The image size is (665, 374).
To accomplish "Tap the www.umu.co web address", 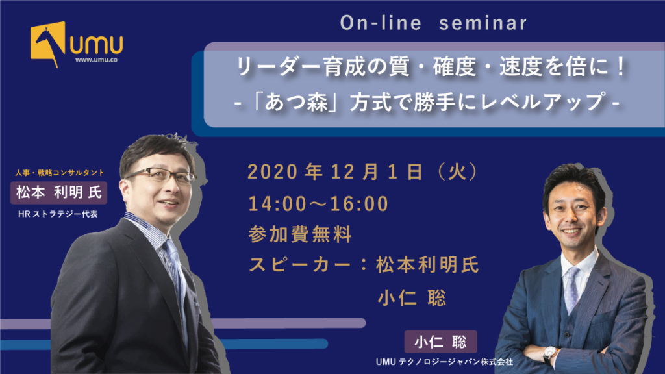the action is [96, 60].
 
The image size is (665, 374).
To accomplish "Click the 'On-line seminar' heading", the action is [433, 23].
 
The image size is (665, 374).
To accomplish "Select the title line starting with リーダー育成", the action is [431, 67].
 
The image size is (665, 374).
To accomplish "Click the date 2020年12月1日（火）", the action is [363, 171].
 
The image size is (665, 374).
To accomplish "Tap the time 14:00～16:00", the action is [318, 204].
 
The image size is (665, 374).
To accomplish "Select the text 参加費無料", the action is [300, 234].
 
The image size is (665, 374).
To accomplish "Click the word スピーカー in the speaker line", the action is [299, 265].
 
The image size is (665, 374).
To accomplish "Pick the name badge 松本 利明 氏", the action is [58, 192].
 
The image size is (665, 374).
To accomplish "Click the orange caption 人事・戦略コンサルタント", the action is [60, 173].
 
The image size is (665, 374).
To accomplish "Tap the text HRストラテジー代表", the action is [58, 214].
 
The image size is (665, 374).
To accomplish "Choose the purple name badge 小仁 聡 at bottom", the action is [441, 342].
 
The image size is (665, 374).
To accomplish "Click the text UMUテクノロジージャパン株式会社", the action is [444, 362].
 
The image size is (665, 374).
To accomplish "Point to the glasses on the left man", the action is [161, 175].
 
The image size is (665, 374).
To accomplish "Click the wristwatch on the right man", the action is [551, 353].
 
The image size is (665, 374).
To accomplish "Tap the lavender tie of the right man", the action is [571, 288].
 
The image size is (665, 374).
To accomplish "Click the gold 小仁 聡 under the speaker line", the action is [412, 298].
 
